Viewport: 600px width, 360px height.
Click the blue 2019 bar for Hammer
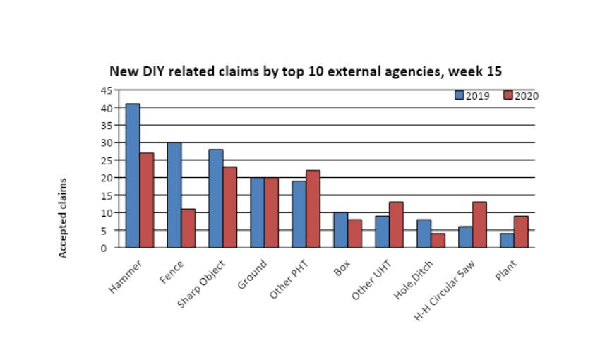pyautogui.click(x=132, y=176)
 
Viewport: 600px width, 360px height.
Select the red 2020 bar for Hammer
pyautogui.click(x=146, y=200)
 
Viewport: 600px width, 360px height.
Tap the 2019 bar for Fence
pyautogui.click(x=174, y=195)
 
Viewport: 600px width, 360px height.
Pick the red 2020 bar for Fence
pyautogui.click(x=188, y=228)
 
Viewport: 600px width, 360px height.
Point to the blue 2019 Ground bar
pyautogui.click(x=257, y=212)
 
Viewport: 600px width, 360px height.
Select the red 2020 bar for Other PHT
pyautogui.click(x=313, y=209)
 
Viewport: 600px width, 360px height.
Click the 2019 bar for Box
pyautogui.click(x=340, y=230)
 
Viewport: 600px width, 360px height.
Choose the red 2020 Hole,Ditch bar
pyautogui.click(x=438, y=241)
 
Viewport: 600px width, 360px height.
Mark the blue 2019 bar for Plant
pyautogui.click(x=507, y=241)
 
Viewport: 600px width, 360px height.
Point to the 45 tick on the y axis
pyautogui.click(x=106, y=90)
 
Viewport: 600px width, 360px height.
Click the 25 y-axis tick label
pyautogui.click(x=106, y=160)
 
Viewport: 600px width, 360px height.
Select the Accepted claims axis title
pyautogui.click(x=63, y=218)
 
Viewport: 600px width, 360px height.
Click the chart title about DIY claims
pyautogui.click(x=305, y=72)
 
